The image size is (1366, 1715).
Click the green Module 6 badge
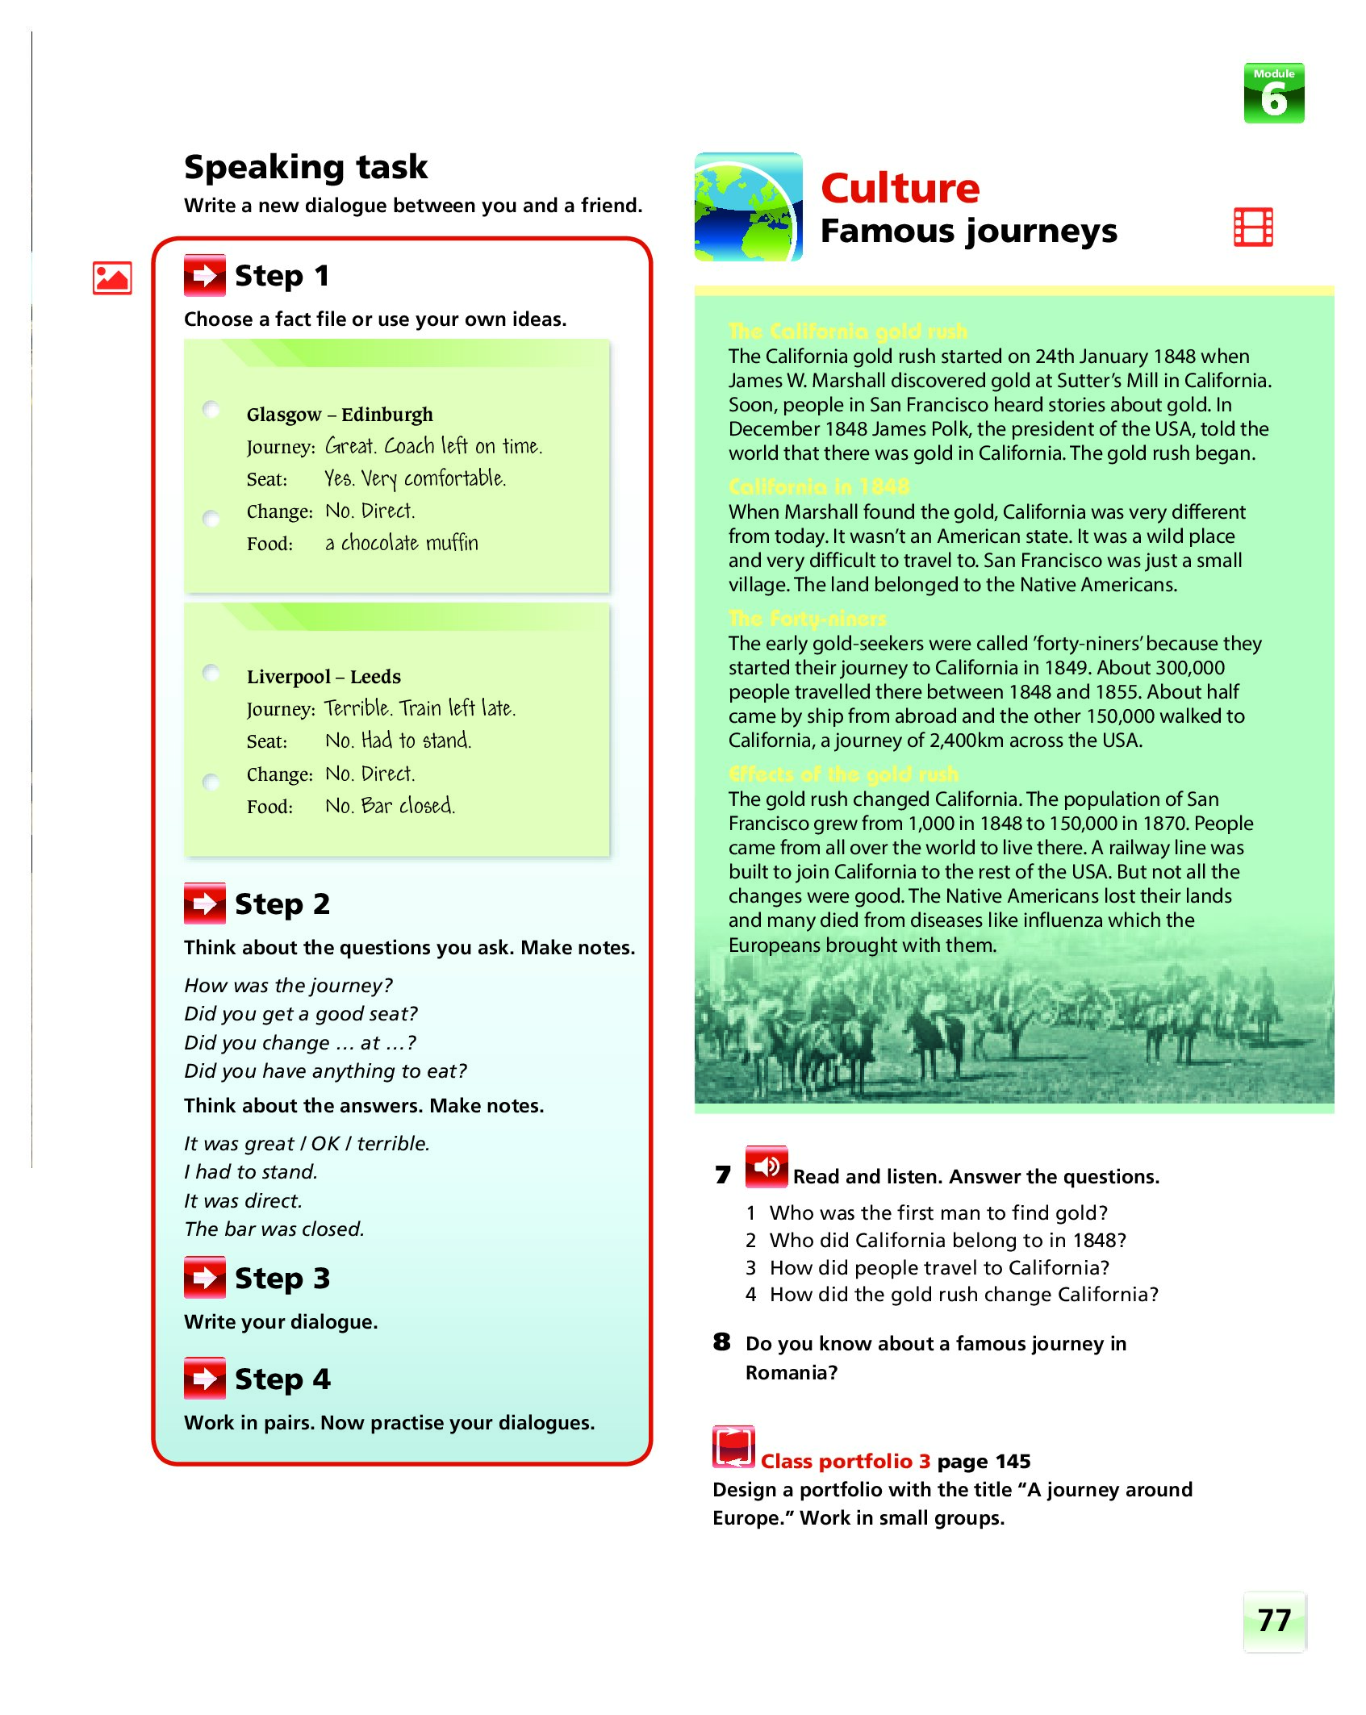click(1273, 94)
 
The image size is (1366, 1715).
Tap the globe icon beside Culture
click(748, 207)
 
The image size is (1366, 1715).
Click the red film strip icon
click(1253, 227)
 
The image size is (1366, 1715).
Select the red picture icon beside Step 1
click(112, 278)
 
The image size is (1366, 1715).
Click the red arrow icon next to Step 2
click(205, 903)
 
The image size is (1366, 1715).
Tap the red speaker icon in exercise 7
click(766, 1166)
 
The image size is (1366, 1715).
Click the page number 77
click(1274, 1621)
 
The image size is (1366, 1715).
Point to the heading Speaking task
click(306, 167)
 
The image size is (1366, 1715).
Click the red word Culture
click(900, 189)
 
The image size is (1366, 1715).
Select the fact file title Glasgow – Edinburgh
click(340, 415)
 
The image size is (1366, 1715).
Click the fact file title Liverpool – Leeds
click(324, 677)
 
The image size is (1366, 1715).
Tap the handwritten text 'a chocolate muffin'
click(401, 543)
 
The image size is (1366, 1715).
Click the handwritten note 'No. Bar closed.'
click(390, 806)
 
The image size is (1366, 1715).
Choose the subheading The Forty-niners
click(807, 619)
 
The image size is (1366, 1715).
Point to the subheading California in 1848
click(818, 486)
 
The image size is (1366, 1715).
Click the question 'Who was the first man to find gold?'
click(938, 1212)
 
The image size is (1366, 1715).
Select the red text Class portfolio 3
click(845, 1461)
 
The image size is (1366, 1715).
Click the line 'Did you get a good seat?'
click(301, 1014)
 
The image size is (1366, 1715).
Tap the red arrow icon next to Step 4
click(205, 1379)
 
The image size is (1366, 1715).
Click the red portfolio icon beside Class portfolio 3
click(733, 1447)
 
